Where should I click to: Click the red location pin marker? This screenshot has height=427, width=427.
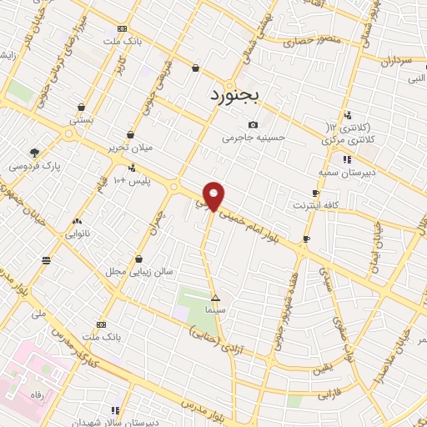pos(214,196)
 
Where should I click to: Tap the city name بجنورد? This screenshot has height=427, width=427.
pos(234,92)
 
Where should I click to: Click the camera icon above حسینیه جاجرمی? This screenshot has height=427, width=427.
pos(253,124)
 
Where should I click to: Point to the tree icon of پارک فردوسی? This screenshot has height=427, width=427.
pos(34,153)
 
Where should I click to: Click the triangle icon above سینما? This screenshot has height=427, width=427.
pos(216,298)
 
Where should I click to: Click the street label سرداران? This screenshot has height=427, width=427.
pos(398,62)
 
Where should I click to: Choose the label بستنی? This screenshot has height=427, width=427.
pos(81,120)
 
